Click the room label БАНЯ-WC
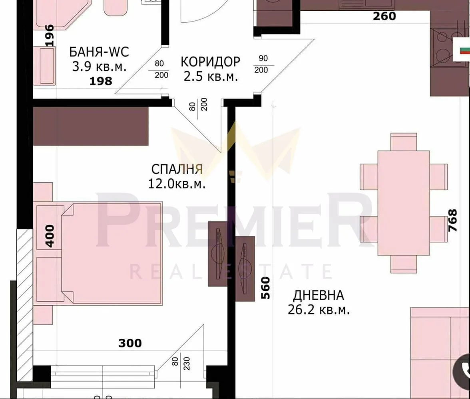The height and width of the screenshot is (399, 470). (99, 52)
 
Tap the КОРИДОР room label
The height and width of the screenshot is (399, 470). (211, 62)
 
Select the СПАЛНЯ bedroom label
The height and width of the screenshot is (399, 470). (177, 169)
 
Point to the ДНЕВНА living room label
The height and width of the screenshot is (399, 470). (318, 296)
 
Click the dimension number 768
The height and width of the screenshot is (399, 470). (452, 221)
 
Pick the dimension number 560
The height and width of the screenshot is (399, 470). (266, 288)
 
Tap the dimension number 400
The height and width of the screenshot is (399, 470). (50, 236)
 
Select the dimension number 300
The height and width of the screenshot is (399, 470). (130, 343)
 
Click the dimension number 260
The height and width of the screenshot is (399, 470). (384, 16)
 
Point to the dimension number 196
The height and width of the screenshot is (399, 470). (49, 36)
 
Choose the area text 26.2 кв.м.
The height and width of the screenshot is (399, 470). (319, 310)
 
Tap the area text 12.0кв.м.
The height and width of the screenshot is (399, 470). (177, 184)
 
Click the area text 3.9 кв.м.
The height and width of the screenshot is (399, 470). (99, 67)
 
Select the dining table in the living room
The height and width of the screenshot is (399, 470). (404, 203)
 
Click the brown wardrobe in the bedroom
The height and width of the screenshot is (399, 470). (90, 126)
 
